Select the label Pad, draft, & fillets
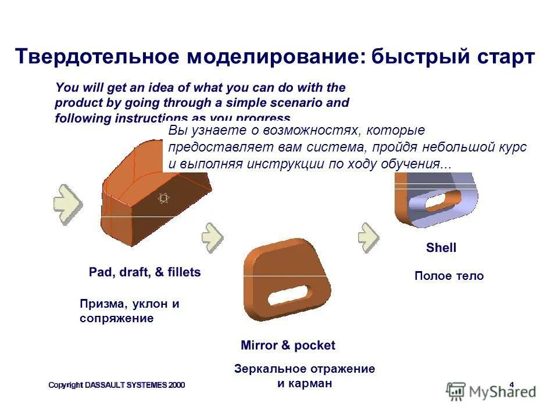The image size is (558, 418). tap(145, 272)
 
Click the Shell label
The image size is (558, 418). tap(441, 248)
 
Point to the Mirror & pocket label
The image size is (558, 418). tap(288, 345)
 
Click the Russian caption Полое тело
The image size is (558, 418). tap(449, 276)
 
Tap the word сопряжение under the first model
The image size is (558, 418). tap(116, 318)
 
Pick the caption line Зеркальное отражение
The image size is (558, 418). tap(305, 369)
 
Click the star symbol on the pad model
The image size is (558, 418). tap(163, 199)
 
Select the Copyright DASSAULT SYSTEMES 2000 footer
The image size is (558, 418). tap(116, 385)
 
